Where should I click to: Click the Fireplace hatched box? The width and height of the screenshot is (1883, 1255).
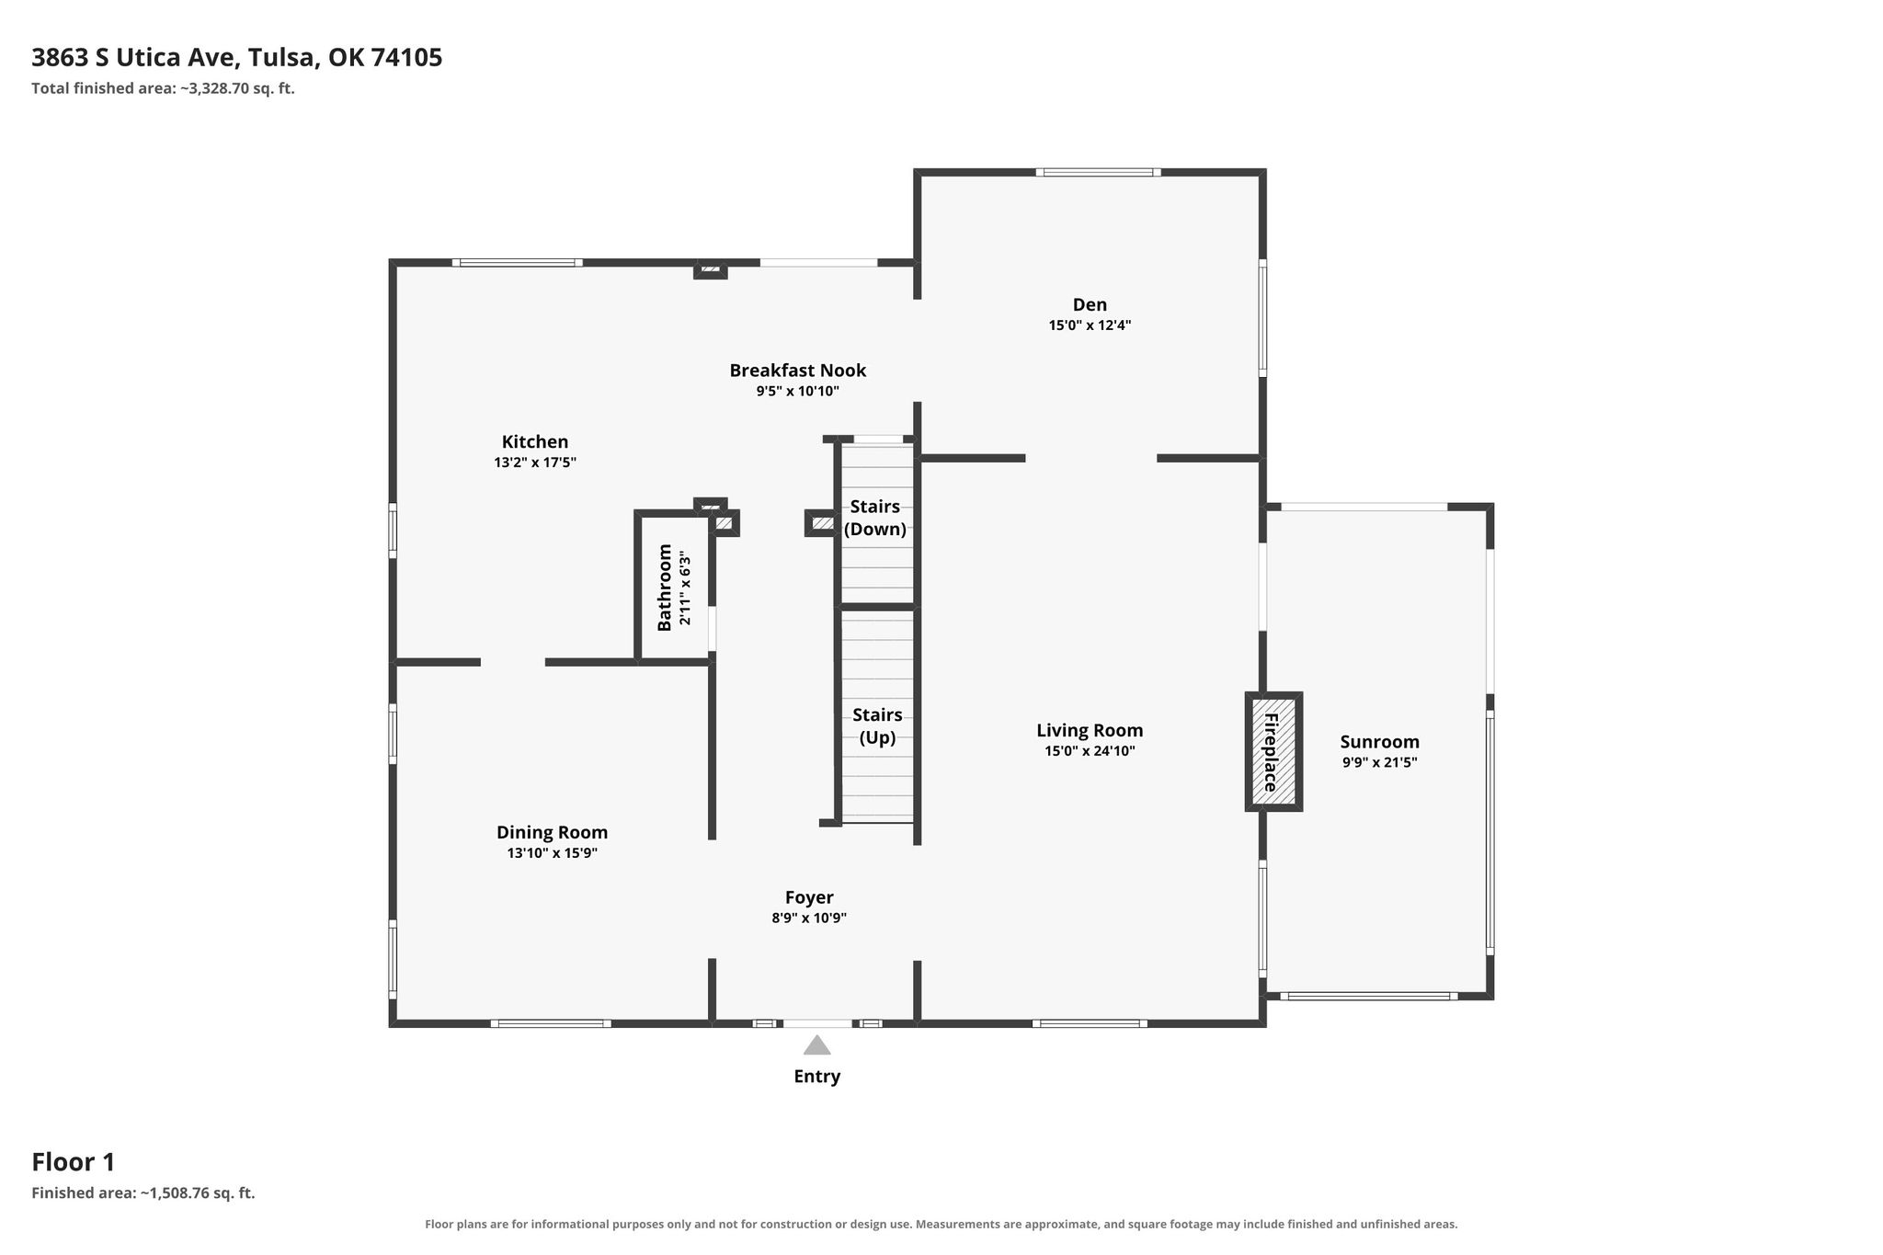pyautogui.click(x=1273, y=751)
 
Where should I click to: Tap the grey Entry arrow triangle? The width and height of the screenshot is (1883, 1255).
pyautogui.click(x=816, y=1045)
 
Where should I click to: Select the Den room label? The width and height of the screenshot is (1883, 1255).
pyautogui.click(x=1090, y=304)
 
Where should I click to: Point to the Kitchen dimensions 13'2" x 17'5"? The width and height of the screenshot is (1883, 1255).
pyautogui.click(x=535, y=462)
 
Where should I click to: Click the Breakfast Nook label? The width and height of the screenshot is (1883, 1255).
pyautogui.click(x=798, y=371)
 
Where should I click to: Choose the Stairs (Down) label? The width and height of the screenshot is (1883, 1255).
pyautogui.click(x=875, y=518)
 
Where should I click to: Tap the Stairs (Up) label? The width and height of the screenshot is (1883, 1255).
pyautogui.click(x=877, y=726)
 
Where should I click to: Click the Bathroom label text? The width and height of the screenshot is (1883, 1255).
pyautogui.click(x=664, y=588)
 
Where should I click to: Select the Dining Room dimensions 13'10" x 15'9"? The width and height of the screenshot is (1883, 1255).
pyautogui.click(x=553, y=853)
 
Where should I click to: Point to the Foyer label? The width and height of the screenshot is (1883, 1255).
pyautogui.click(x=809, y=897)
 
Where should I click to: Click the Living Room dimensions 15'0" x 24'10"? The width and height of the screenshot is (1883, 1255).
pyautogui.click(x=1090, y=751)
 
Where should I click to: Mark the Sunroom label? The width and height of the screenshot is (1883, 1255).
pyautogui.click(x=1379, y=742)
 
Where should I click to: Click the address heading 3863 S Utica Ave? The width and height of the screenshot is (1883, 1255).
pyautogui.click(x=137, y=58)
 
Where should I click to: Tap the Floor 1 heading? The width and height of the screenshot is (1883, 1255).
pyautogui.click(x=74, y=1162)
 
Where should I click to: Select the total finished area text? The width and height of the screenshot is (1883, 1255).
pyautogui.click(x=163, y=89)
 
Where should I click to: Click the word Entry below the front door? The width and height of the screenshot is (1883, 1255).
pyautogui.click(x=817, y=1077)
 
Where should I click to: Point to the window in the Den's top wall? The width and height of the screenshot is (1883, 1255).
pyautogui.click(x=1098, y=172)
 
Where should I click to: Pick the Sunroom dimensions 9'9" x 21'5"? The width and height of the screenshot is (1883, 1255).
pyautogui.click(x=1379, y=762)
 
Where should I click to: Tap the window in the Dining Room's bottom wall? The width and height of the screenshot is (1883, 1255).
pyautogui.click(x=551, y=1023)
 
